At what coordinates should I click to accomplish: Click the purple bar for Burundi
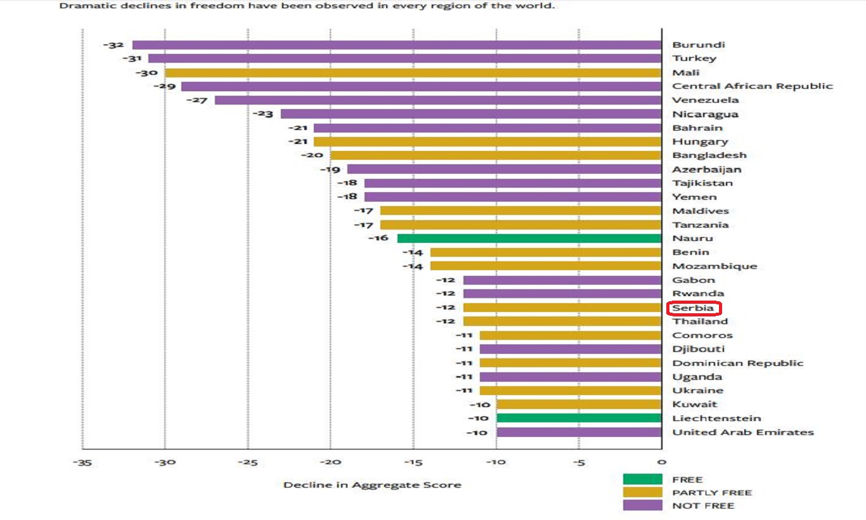[x=397, y=45]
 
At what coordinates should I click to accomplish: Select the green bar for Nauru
[x=529, y=238]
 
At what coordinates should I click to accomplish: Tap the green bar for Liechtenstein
[x=579, y=418]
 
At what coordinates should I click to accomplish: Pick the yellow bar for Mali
[x=413, y=73]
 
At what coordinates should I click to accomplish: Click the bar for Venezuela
[x=438, y=100]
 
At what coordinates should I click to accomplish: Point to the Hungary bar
[x=488, y=141]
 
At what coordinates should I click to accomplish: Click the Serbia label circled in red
[x=693, y=308]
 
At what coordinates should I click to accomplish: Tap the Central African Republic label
[x=753, y=86]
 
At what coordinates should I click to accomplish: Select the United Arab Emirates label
[x=743, y=432]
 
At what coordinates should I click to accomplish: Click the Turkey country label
[x=694, y=58]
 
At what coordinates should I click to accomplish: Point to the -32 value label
[x=113, y=45]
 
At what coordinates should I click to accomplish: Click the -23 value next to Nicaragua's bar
[x=263, y=114]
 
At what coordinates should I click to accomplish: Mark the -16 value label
[x=378, y=238]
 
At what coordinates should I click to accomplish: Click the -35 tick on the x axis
[x=82, y=462]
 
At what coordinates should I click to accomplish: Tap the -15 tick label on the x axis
[x=413, y=462]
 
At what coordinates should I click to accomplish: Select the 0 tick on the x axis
[x=662, y=462]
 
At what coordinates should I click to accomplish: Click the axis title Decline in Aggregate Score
[x=372, y=485]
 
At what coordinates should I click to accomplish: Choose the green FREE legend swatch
[x=643, y=479]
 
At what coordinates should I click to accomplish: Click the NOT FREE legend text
[x=703, y=505]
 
